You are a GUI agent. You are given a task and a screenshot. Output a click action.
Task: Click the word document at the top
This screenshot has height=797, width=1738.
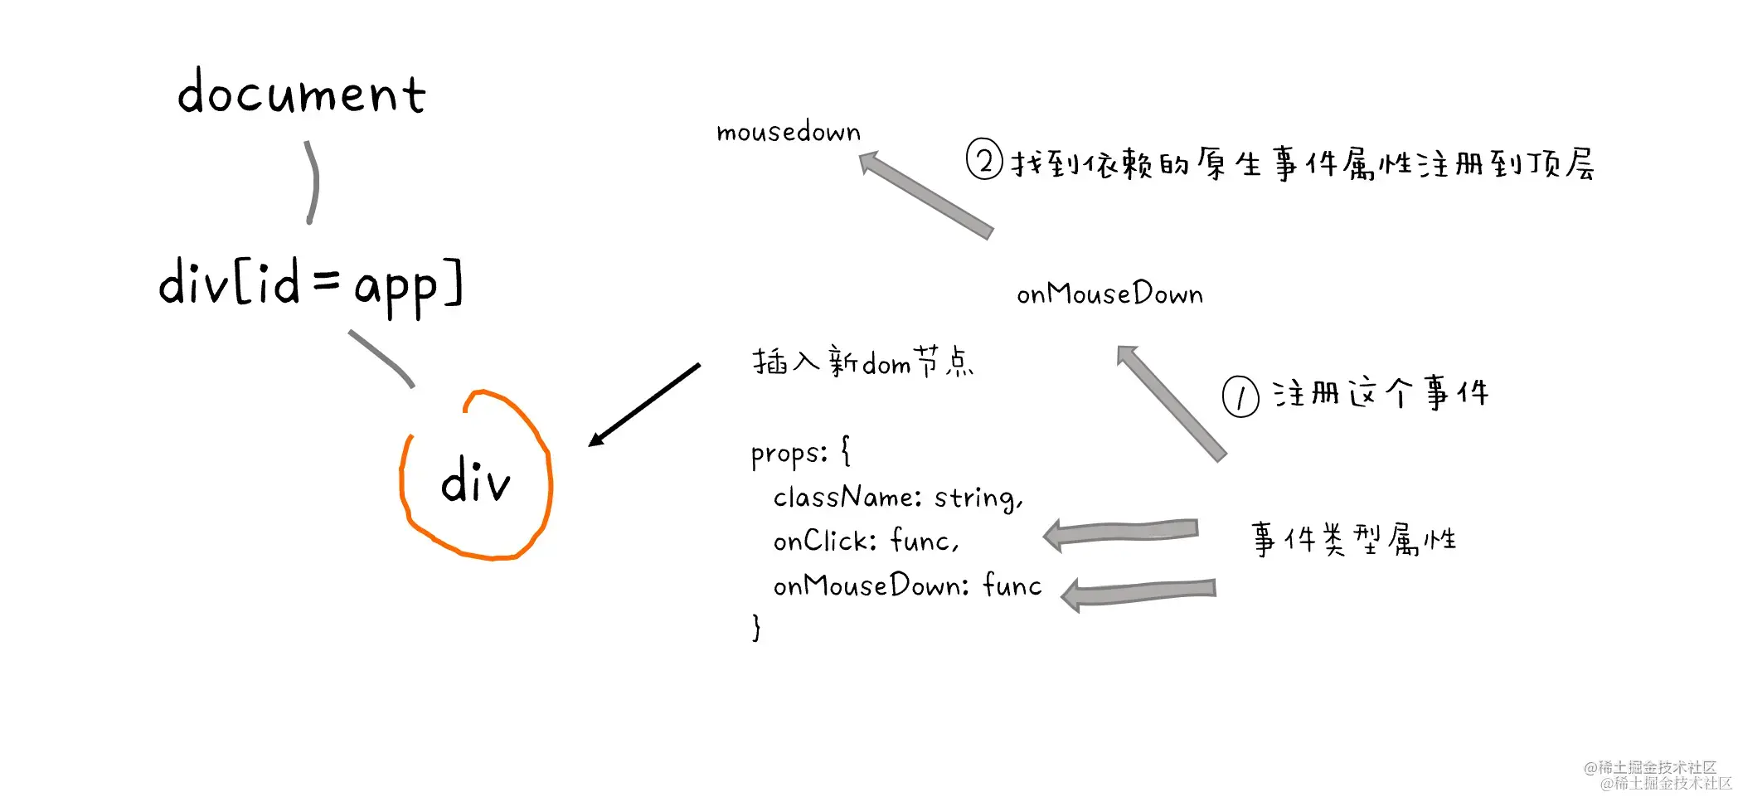coord(302,92)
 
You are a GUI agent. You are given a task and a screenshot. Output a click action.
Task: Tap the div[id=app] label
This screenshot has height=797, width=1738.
coord(310,284)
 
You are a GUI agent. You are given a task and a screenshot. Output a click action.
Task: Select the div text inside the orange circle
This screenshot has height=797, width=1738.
coord(475,481)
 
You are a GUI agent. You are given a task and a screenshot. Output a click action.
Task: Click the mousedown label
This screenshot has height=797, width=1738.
coord(789,132)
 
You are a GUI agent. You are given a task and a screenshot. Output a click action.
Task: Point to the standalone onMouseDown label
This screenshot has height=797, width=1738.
coord(1109,294)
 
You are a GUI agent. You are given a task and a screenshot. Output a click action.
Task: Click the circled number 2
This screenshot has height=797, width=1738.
coord(984,160)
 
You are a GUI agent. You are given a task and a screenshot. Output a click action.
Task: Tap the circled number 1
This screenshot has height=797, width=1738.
coord(1240,396)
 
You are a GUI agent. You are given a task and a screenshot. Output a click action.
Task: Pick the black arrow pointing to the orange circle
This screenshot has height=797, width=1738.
coord(644,405)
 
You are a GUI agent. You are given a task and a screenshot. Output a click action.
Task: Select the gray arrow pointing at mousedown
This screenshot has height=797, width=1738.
coord(926,195)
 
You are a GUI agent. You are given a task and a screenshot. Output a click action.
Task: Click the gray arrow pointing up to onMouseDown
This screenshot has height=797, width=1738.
coord(1171,402)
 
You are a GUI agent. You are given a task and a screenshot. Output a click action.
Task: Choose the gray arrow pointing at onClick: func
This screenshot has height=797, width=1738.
coord(1121,532)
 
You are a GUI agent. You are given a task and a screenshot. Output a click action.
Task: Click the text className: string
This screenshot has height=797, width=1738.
coord(898,498)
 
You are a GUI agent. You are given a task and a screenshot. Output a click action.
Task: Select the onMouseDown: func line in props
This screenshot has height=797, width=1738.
coord(907,586)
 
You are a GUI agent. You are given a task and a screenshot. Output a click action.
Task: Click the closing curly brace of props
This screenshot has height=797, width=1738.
coord(756,627)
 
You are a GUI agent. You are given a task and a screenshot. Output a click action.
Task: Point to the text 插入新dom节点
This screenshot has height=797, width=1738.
coord(863,362)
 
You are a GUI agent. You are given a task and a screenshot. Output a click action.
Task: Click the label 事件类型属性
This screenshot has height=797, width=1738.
coord(1353,540)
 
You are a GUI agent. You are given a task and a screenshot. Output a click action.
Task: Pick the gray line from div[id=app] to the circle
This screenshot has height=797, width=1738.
coord(382,358)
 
